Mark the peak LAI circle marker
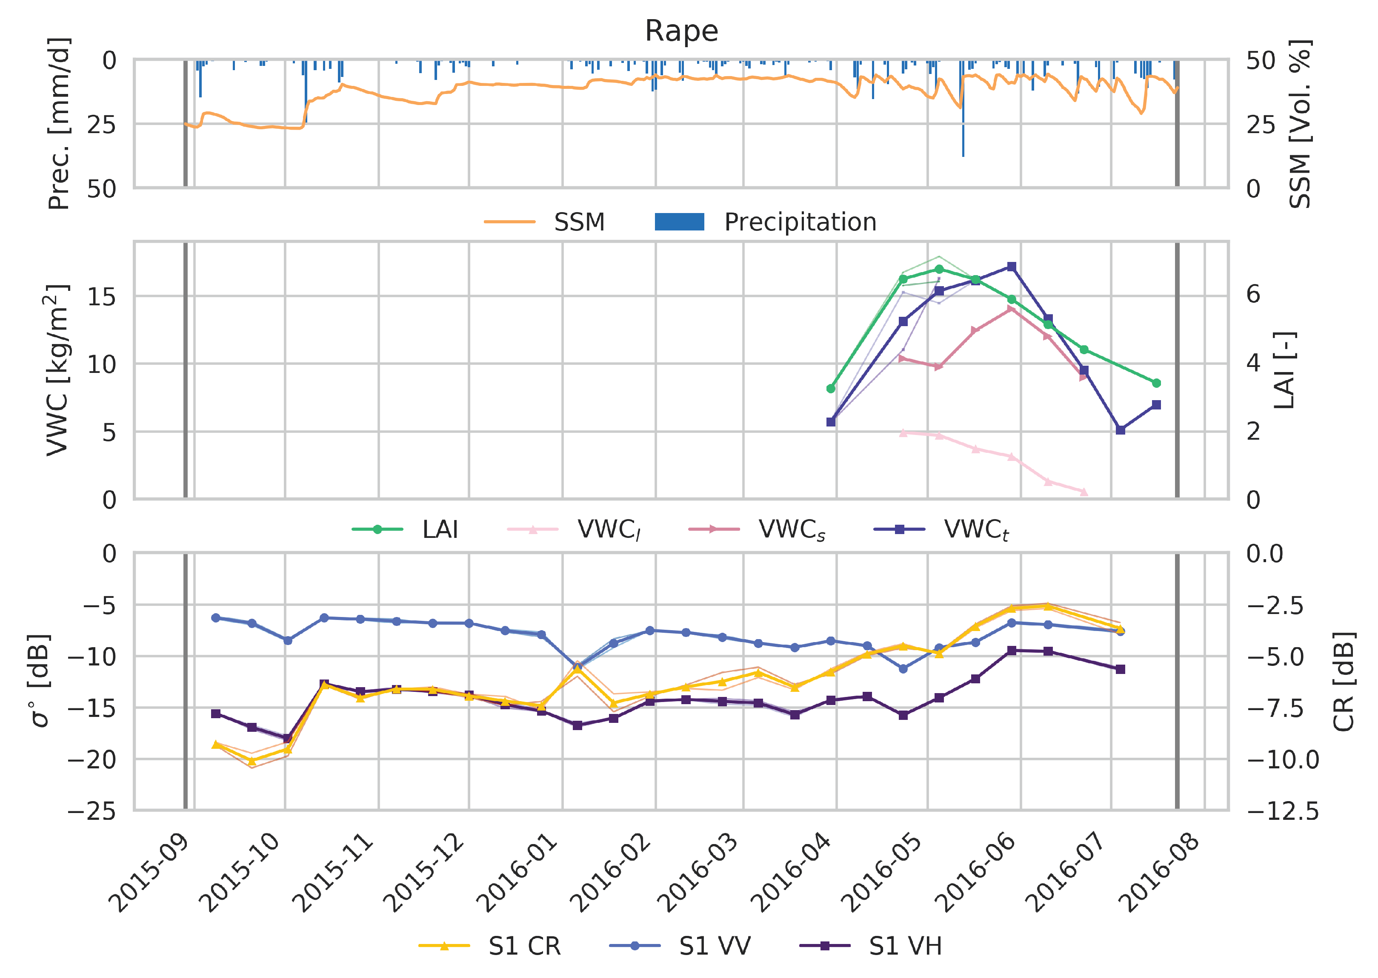coord(939,269)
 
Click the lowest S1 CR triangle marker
coord(252,761)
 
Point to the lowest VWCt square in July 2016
coord(1120,430)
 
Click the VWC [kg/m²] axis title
coord(58,370)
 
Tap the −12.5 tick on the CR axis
coord(1283,812)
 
